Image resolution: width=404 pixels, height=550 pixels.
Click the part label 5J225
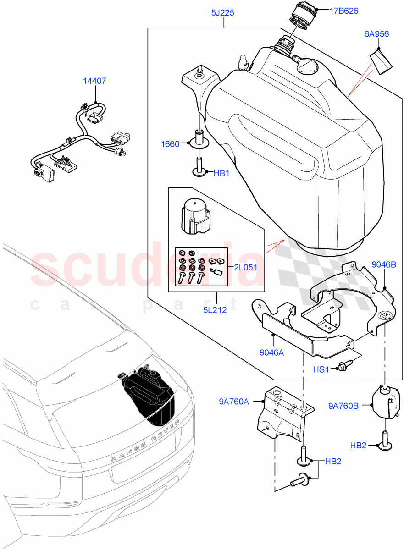click(x=223, y=13)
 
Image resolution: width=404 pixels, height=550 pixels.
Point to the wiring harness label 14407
click(x=94, y=81)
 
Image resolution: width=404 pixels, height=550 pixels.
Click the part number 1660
click(x=170, y=144)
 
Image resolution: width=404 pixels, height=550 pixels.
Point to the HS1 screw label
click(x=321, y=369)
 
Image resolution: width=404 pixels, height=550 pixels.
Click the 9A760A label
click(x=234, y=402)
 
